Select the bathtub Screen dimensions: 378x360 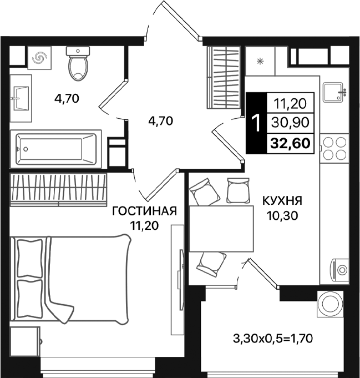[55, 149]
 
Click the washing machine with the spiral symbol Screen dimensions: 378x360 [40, 58]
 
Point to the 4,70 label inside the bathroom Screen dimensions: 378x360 [67, 99]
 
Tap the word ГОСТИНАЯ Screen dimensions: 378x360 [144, 211]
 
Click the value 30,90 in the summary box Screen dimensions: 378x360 [291, 122]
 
